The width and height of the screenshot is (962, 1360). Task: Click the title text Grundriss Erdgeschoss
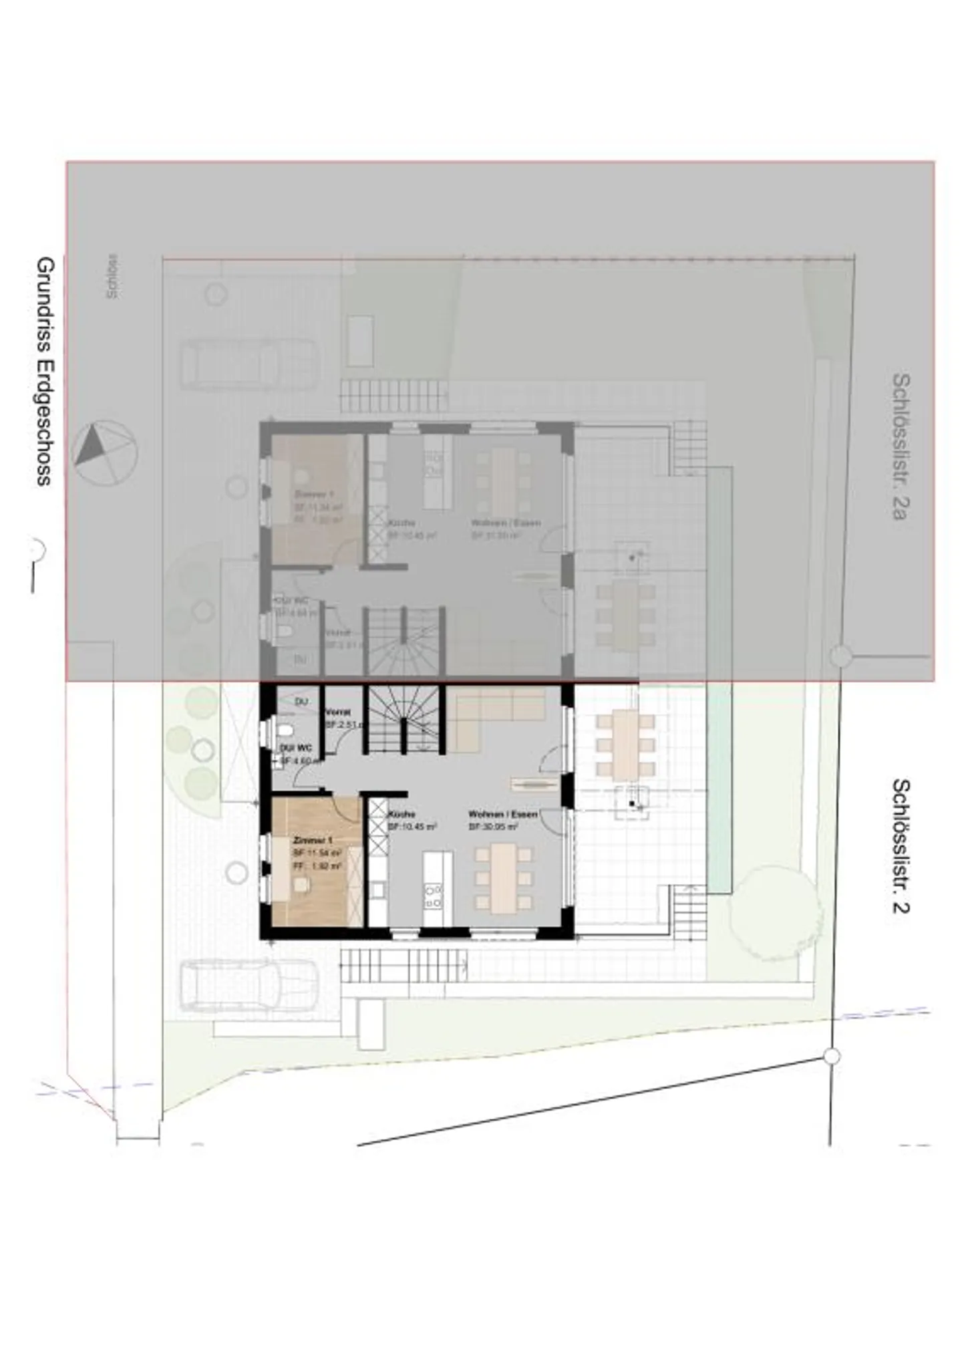click(x=45, y=371)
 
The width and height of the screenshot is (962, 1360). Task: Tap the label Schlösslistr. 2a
click(x=900, y=446)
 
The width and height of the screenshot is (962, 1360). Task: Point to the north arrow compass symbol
click(x=106, y=452)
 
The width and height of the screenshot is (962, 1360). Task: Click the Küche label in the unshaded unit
click(x=402, y=815)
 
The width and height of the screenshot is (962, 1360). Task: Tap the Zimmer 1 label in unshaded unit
click(x=312, y=840)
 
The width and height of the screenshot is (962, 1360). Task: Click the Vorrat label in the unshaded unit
click(x=337, y=712)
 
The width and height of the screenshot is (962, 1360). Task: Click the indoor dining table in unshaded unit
click(x=503, y=877)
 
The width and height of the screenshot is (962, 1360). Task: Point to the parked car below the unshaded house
click(x=249, y=985)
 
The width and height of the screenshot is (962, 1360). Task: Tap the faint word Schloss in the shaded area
click(x=112, y=275)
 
